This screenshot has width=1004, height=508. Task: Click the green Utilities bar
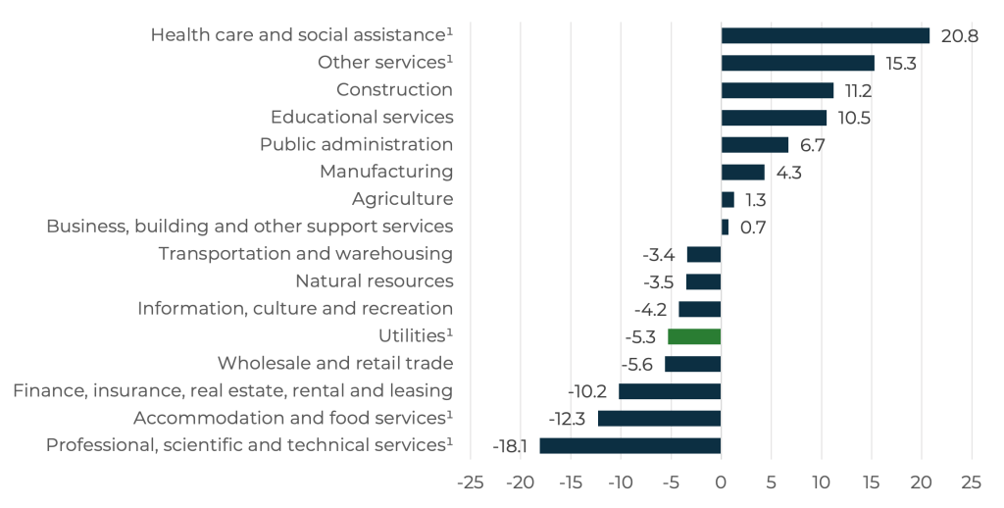click(x=694, y=336)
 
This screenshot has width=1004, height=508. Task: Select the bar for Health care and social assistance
click(x=825, y=35)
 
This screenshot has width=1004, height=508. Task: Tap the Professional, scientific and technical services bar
click(x=630, y=445)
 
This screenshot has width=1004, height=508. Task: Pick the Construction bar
click(x=778, y=90)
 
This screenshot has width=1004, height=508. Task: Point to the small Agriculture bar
click(x=728, y=200)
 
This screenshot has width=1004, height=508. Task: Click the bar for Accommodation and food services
click(x=659, y=419)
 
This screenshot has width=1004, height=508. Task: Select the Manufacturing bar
click(x=742, y=173)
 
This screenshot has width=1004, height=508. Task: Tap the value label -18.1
click(x=511, y=446)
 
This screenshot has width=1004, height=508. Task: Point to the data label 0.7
click(x=753, y=228)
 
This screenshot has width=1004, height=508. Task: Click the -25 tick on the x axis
click(x=471, y=483)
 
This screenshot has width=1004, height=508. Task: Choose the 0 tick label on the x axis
click(x=721, y=483)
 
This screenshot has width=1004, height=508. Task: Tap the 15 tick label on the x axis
click(x=871, y=483)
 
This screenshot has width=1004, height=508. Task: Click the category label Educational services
click(x=362, y=118)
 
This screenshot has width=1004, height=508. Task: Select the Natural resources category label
click(x=375, y=281)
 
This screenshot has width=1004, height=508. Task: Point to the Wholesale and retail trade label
click(x=335, y=364)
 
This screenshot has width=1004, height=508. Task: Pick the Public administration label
click(x=356, y=145)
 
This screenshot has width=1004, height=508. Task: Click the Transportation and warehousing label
click(x=306, y=254)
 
